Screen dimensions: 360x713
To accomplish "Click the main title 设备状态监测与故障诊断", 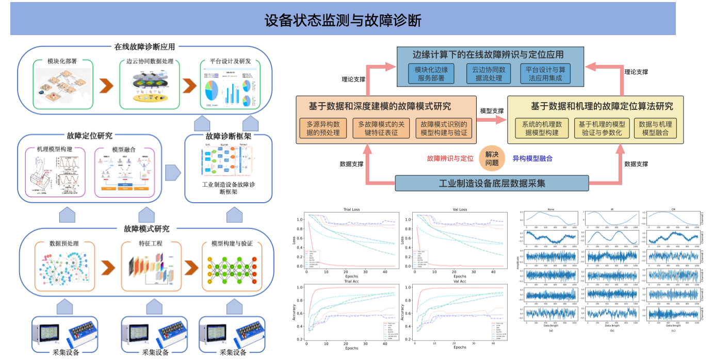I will click(343, 20).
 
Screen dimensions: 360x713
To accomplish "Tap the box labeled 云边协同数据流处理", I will click(489, 74).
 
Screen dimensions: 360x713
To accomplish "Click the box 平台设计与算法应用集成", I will click(545, 74).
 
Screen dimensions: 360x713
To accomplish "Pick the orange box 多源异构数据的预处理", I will click(323, 128).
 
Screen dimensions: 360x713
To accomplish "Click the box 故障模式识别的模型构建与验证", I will click(443, 128).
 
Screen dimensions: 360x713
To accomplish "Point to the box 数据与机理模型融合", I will click(655, 128).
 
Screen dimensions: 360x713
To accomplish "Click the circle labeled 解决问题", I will click(492, 159).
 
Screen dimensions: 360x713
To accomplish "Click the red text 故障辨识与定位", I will click(450, 159).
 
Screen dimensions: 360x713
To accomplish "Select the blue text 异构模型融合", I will click(532, 159).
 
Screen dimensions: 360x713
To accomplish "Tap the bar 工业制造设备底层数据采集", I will click(492, 183).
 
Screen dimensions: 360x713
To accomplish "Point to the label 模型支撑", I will click(492, 111).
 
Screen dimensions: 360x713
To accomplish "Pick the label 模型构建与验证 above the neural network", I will click(232, 243).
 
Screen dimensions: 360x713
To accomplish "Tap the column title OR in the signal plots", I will click(673, 209).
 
